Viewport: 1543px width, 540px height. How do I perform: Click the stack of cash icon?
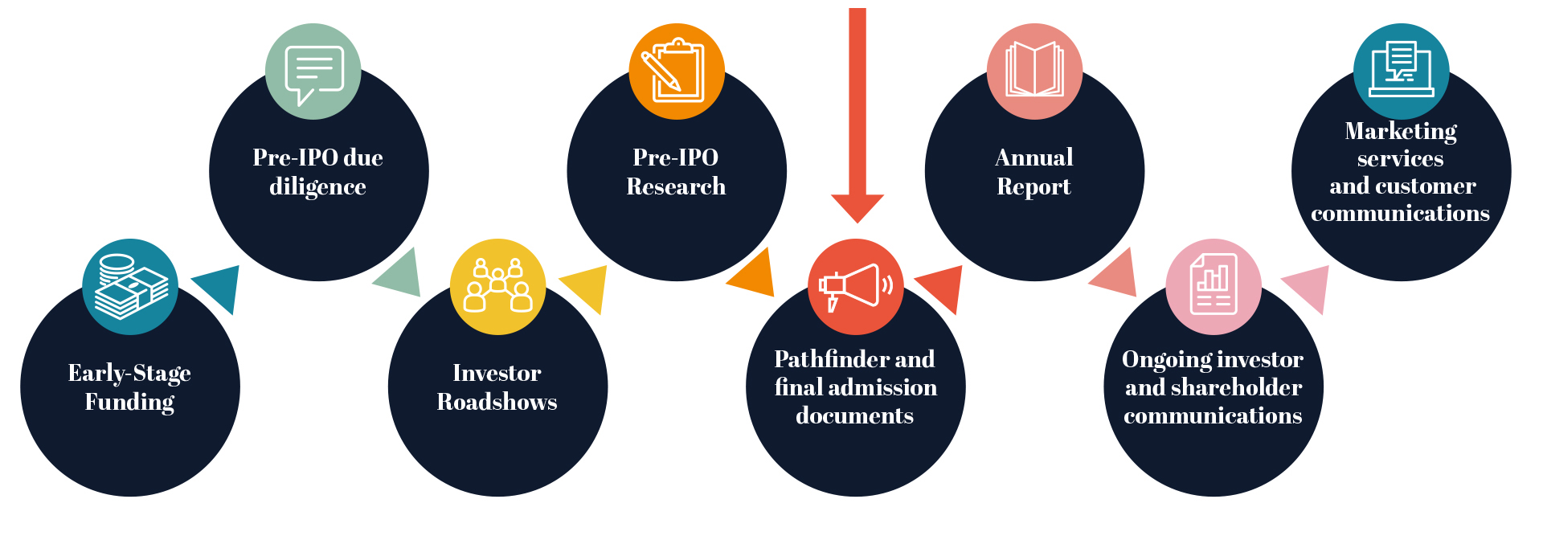pyautogui.click(x=130, y=287)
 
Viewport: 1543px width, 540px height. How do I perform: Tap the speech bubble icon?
pyautogui.click(x=313, y=72)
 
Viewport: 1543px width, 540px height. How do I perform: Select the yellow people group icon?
pyautogui.click(x=497, y=287)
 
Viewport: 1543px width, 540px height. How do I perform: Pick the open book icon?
pyautogui.click(x=1034, y=72)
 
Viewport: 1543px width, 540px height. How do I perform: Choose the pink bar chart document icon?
pyautogui.click(x=1214, y=287)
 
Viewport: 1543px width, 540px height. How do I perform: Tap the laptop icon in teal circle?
pyautogui.click(x=1402, y=72)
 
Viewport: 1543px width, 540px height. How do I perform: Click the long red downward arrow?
pyautogui.click(x=857, y=112)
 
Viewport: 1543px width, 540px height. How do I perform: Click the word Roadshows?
pyautogui.click(x=497, y=402)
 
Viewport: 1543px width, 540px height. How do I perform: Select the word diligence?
pyautogui.click(x=317, y=186)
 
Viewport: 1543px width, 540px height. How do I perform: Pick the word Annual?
pyautogui.click(x=1034, y=157)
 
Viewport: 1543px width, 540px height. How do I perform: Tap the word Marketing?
pyautogui.click(x=1401, y=131)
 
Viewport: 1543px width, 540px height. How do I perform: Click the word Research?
pyautogui.click(x=676, y=186)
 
